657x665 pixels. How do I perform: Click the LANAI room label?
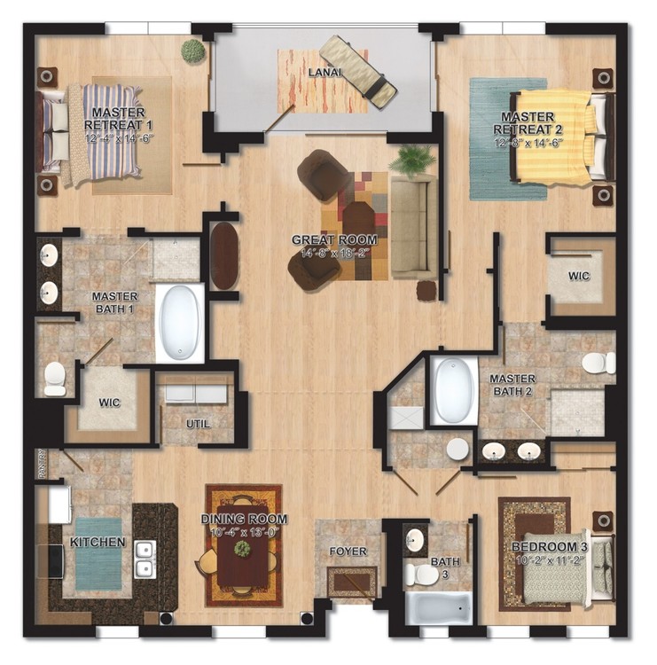[x=325, y=72]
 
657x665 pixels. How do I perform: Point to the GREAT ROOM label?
[x=334, y=240]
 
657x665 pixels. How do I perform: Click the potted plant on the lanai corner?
[x=192, y=51]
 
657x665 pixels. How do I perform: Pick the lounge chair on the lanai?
[x=357, y=70]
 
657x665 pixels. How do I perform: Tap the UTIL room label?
[x=199, y=424]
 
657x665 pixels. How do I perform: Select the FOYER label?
[x=348, y=552]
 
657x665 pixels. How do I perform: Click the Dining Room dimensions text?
[x=244, y=532]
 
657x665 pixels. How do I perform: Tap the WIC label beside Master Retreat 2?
[x=581, y=277]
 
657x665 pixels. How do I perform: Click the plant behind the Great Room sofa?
[x=411, y=160]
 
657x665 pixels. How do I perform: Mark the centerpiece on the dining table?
[x=241, y=549]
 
